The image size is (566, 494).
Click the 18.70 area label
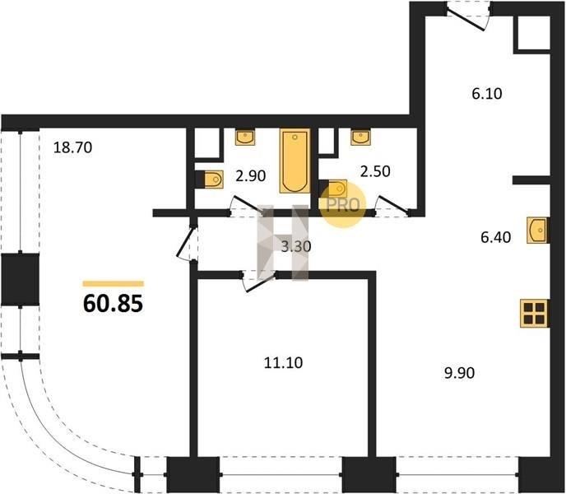[72, 147]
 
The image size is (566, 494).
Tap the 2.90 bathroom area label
[251, 175]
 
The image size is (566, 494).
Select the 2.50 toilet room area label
[375, 171]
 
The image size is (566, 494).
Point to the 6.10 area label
[486, 94]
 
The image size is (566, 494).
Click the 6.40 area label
[495, 237]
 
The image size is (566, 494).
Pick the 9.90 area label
[459, 373]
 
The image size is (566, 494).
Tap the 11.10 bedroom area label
[283, 362]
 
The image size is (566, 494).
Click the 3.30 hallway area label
[296, 246]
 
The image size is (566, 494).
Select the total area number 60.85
[113, 304]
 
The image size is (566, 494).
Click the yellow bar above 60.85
[114, 284]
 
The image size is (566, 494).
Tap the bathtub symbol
[295, 161]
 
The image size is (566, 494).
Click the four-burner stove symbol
[534, 314]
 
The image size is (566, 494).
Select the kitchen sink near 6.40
[537, 230]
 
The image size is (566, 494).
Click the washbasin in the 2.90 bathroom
[245, 137]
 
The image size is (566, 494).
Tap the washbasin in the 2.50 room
[360, 137]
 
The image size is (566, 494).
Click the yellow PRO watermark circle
[342, 205]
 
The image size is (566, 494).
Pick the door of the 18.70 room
[187, 242]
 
